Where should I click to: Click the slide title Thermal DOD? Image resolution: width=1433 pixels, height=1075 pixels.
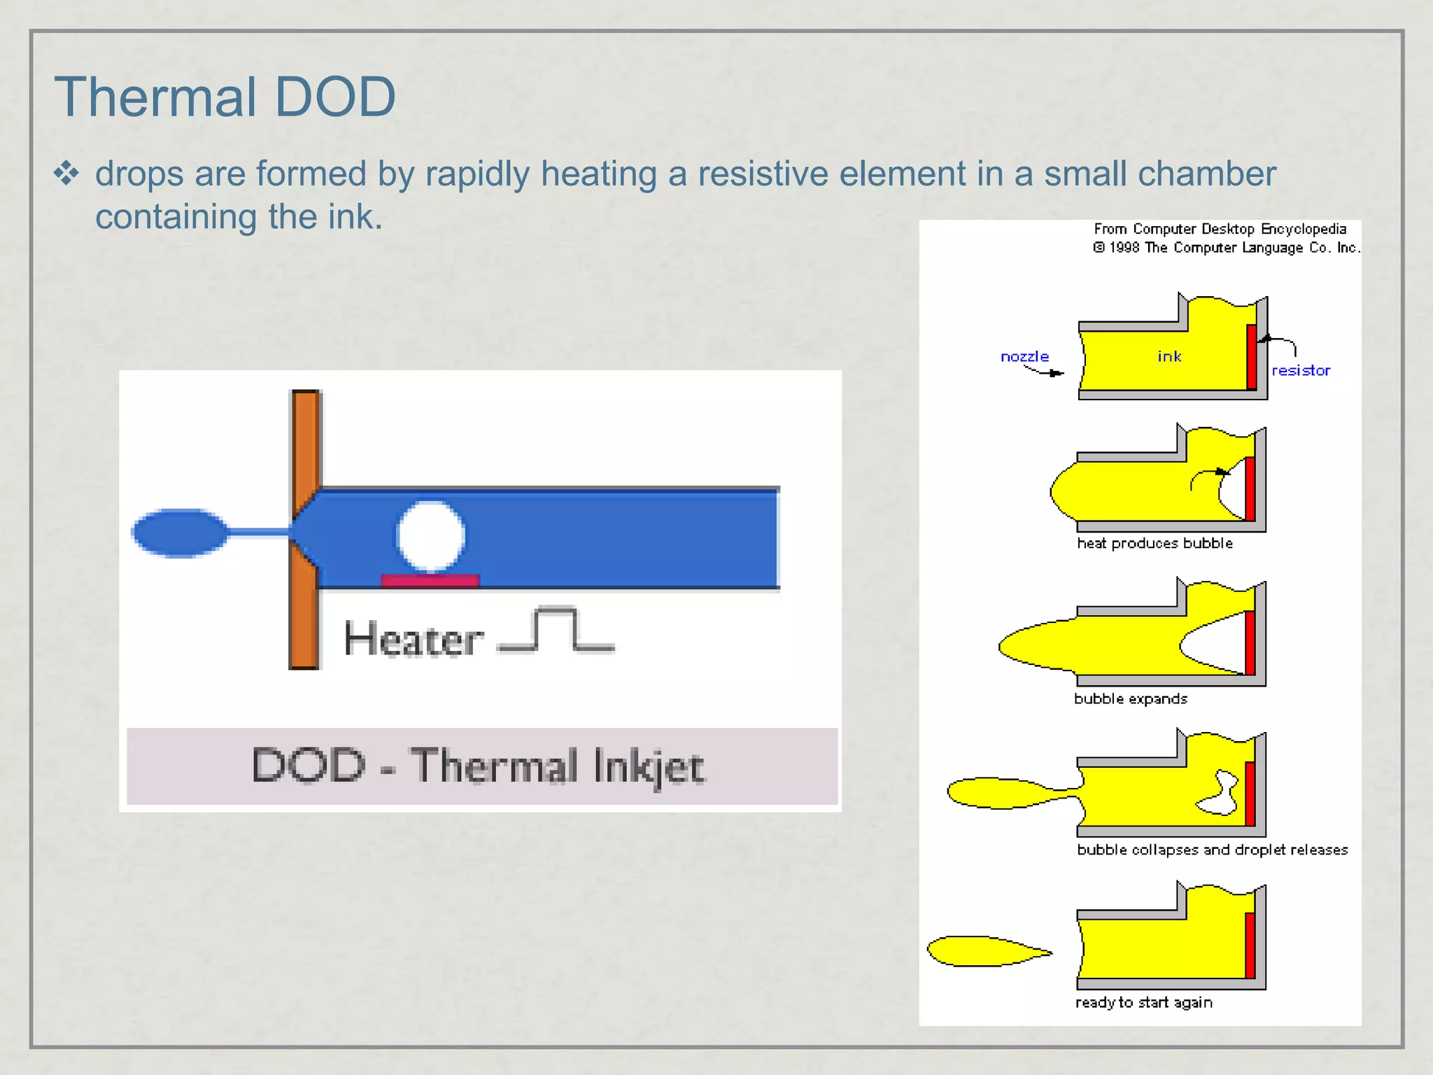(225, 97)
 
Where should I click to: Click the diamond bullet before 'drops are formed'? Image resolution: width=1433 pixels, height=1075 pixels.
(66, 173)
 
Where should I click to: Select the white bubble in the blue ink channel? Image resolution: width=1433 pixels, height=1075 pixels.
(430, 536)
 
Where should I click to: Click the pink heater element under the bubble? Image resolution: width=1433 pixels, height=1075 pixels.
(430, 580)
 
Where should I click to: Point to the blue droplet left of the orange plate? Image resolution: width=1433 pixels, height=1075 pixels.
(180, 533)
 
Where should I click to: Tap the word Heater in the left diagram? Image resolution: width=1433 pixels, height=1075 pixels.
(414, 639)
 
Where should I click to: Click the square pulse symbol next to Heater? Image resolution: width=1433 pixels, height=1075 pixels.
(556, 630)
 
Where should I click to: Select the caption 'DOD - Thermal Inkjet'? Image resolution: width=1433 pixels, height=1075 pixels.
(479, 766)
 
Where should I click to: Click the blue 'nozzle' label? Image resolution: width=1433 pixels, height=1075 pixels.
(1024, 356)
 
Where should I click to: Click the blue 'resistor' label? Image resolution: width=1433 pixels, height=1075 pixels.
(1301, 370)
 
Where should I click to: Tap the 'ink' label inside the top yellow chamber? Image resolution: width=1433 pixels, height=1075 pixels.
(1169, 356)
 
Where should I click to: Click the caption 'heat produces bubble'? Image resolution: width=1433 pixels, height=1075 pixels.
(1155, 543)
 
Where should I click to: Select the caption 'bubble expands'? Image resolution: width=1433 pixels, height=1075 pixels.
(1131, 698)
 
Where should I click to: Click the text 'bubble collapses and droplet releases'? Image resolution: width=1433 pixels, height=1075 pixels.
(1212, 850)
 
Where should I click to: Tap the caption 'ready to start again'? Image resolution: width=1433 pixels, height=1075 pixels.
(1144, 1002)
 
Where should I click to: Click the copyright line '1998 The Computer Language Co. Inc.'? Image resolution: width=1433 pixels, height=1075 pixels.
(1227, 248)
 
